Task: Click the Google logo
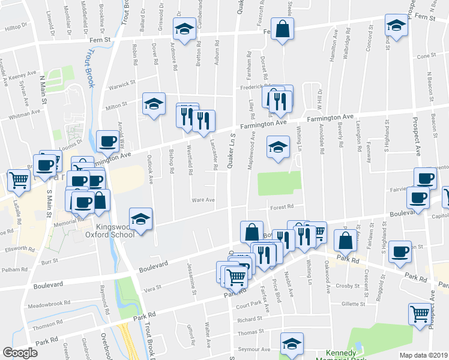coord(20,353)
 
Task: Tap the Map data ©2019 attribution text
coord(423,355)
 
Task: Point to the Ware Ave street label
coord(202,200)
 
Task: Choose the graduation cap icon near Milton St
coord(154,104)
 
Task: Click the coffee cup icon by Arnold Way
coord(107,142)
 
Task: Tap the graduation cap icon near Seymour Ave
coord(292,344)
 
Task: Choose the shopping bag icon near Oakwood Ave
coord(345,240)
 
